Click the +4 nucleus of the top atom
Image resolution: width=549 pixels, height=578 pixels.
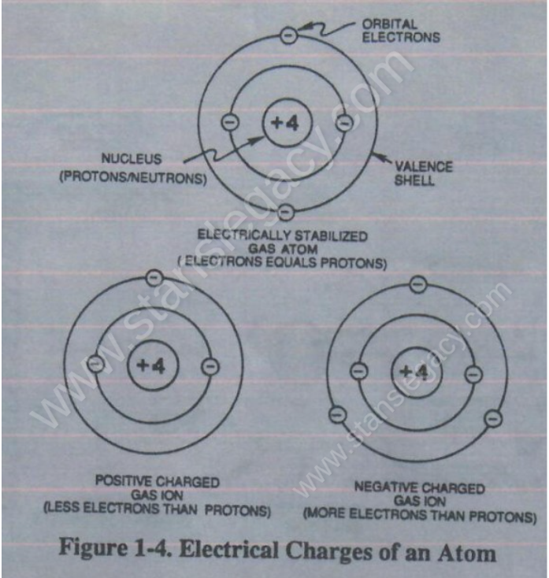[x=287, y=123]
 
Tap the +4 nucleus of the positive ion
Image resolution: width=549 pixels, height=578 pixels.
[x=153, y=365]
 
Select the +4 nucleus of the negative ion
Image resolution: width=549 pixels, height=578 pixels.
[x=416, y=372]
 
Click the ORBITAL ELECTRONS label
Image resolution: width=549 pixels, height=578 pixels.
[x=401, y=31]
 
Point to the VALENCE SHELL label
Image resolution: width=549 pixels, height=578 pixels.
[x=423, y=173]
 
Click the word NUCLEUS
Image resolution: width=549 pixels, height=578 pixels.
[x=132, y=159]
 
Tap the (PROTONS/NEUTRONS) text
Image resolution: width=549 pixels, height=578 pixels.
[x=133, y=178]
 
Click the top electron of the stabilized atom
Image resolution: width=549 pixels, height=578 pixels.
[x=289, y=35]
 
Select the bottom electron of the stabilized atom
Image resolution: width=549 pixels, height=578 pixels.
[x=286, y=212]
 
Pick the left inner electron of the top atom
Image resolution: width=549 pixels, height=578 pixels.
[x=230, y=122]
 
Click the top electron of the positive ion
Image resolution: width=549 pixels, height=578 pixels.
[x=154, y=277]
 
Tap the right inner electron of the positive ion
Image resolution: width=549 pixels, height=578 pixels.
[x=210, y=367]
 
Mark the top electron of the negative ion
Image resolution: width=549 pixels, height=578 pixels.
[x=418, y=284]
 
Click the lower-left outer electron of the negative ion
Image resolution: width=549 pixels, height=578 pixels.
[x=337, y=415]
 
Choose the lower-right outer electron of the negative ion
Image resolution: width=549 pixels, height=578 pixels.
[x=493, y=419]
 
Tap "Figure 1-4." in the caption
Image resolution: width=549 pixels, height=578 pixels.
[x=115, y=548]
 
